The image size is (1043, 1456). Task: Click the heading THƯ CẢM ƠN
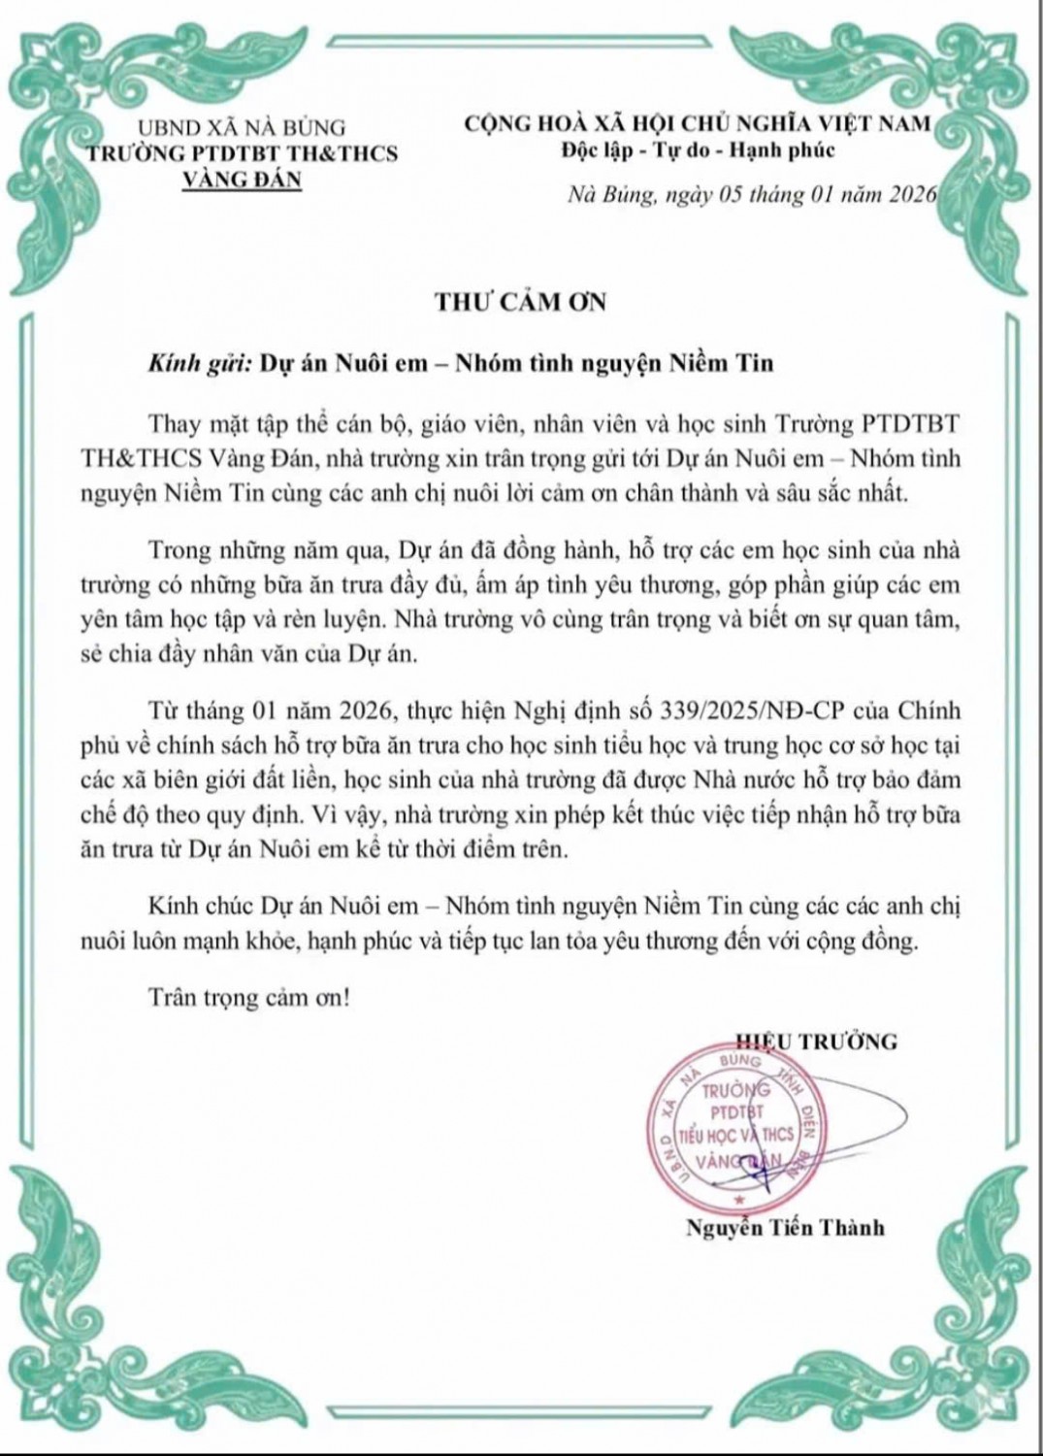(x=520, y=302)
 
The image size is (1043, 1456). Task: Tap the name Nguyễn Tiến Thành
(x=785, y=1228)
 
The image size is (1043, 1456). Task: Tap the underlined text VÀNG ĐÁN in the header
(x=242, y=179)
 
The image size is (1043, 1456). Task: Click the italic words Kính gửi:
(x=199, y=363)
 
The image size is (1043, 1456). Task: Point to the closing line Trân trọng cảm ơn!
(x=248, y=997)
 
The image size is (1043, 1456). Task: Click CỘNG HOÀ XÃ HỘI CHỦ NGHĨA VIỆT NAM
(x=698, y=123)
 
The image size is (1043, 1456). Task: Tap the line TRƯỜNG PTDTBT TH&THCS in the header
(x=242, y=152)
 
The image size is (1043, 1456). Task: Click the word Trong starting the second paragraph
(x=180, y=550)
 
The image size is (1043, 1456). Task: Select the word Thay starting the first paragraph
(x=176, y=423)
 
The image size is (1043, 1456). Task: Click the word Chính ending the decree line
(x=925, y=710)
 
